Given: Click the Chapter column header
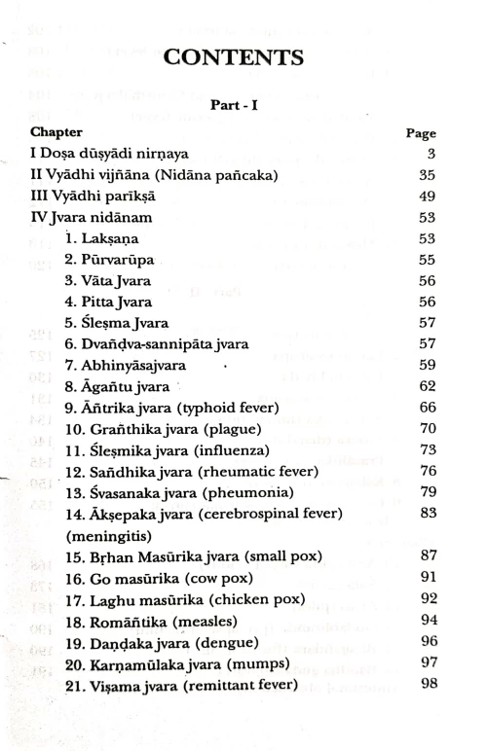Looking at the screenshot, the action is point(56,131).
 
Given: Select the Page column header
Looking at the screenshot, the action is point(419,134).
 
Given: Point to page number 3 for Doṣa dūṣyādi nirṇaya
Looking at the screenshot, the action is point(430,154).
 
